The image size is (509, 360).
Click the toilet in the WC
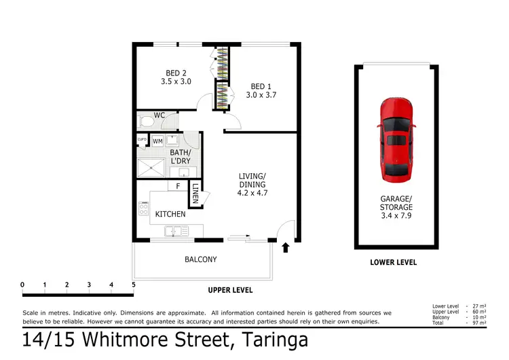[146, 123]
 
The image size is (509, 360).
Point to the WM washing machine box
[157, 141]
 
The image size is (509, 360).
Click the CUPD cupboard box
[142, 140]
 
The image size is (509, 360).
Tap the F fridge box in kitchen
[178, 185]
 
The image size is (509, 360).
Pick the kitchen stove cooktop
[143, 209]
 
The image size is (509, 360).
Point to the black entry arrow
[285, 247]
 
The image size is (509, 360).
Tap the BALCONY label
[200, 259]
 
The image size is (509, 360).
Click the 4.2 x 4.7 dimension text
[252, 192]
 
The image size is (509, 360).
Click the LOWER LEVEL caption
[394, 262]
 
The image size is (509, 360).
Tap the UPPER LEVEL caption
[230, 290]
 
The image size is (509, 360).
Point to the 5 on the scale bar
[134, 284]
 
